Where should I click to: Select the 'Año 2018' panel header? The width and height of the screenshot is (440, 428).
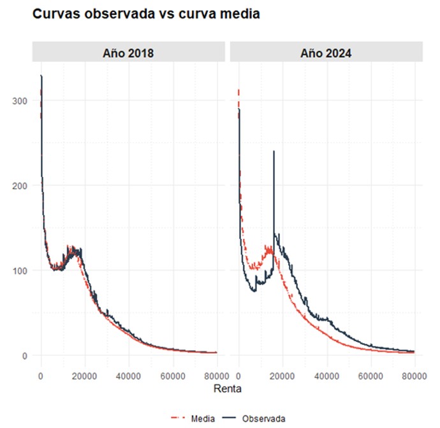128,52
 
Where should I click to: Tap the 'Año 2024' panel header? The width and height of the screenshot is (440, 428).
326,52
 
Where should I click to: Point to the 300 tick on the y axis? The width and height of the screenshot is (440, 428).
19,101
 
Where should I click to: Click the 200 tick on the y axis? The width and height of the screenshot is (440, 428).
19,186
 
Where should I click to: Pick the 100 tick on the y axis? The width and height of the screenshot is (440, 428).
19,271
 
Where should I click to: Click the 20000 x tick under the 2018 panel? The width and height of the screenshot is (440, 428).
85,374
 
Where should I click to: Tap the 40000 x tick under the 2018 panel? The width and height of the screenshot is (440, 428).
129,374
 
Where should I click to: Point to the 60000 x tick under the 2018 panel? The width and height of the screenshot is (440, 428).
173,374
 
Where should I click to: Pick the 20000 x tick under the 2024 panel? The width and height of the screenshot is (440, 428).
282,374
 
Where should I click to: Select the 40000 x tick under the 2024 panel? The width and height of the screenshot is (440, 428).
326,374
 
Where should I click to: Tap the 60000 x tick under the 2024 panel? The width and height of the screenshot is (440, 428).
370,374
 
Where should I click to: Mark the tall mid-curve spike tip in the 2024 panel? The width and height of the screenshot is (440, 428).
274,151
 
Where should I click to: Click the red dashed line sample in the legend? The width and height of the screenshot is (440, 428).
180,418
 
